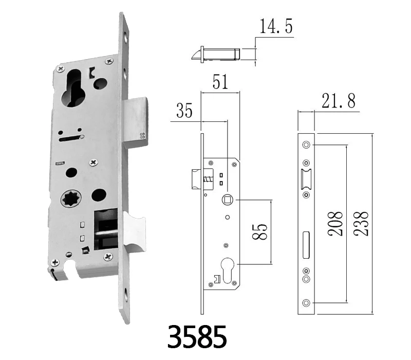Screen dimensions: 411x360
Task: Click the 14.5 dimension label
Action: tap(276, 27)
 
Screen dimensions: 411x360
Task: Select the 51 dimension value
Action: tap(220, 82)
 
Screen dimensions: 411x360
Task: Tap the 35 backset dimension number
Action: tap(184, 111)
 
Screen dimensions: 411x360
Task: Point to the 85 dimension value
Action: tap(260, 232)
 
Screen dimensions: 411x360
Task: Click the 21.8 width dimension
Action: tap(339, 101)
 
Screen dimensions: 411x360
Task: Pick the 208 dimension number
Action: tap(335, 224)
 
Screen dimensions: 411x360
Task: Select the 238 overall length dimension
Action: tap(361, 224)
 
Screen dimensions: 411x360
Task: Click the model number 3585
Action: tap(197, 337)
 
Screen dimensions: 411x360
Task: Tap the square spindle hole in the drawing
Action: tap(227, 200)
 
